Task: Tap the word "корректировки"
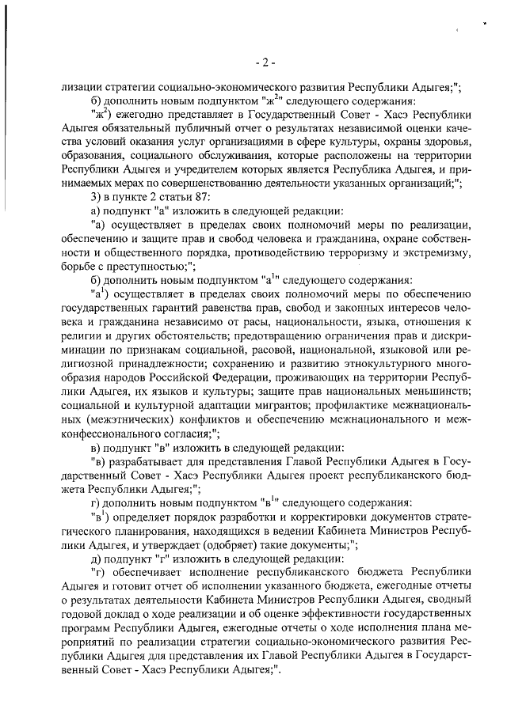click(x=285, y=519)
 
